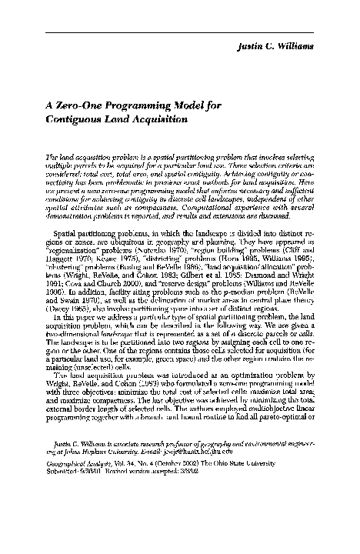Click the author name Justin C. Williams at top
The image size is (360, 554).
(x=293, y=47)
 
